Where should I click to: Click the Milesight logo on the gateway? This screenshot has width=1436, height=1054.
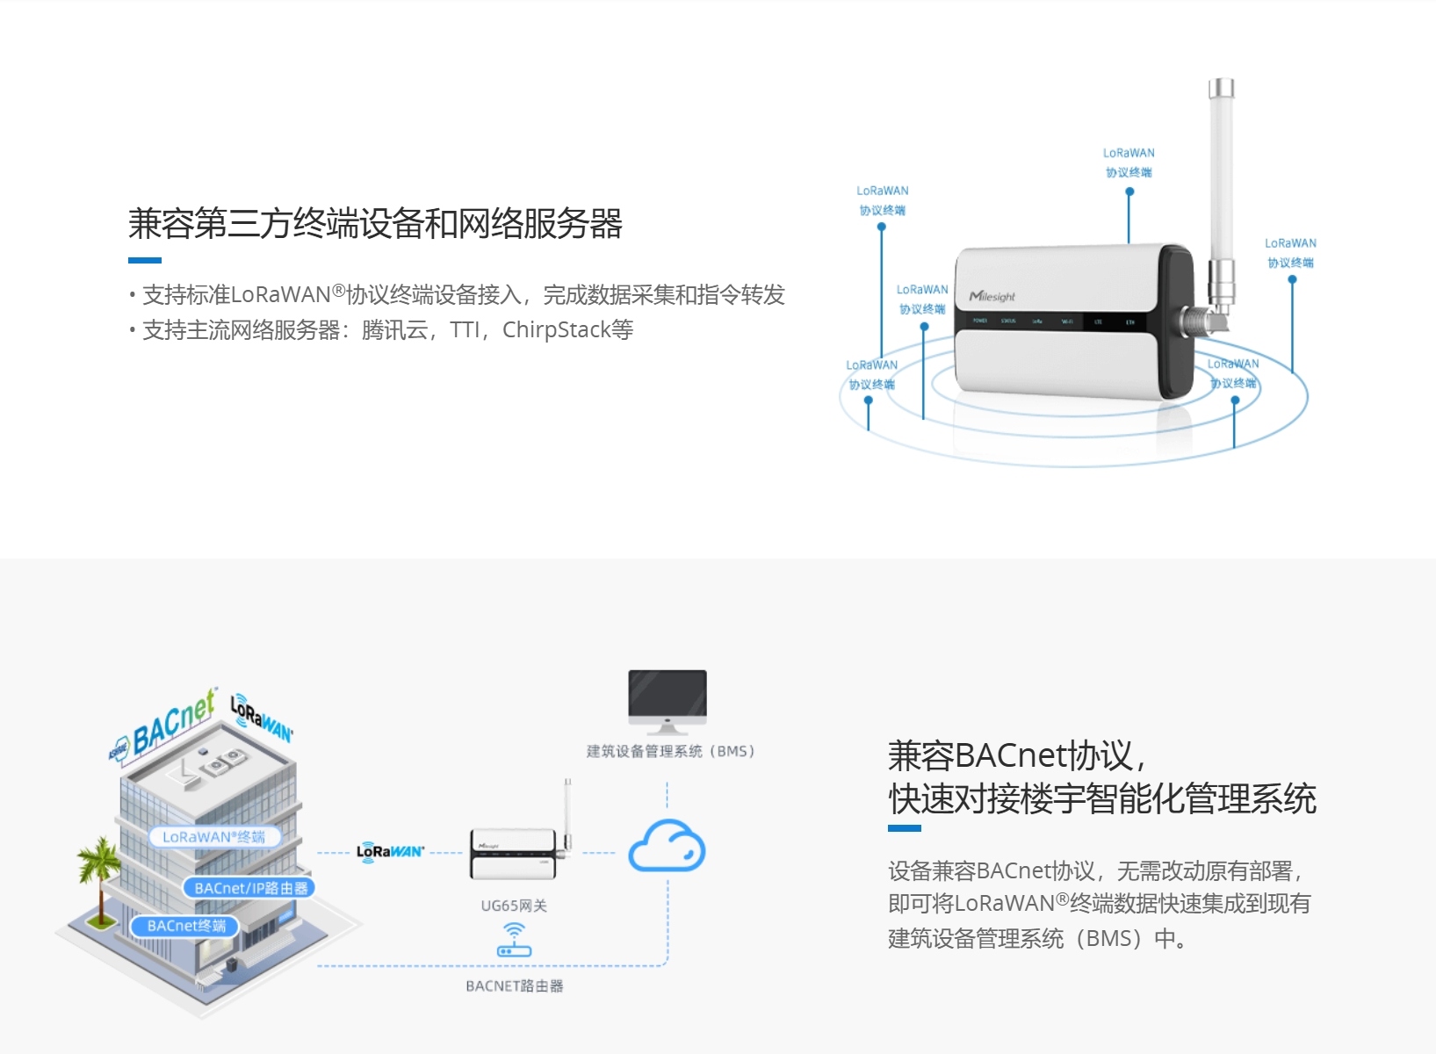point(992,296)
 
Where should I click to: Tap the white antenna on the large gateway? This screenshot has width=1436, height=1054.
point(1221,176)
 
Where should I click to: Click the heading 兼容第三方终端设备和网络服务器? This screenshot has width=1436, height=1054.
point(375,224)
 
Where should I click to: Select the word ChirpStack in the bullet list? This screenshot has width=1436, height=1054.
point(556,330)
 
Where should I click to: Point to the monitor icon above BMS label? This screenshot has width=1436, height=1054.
point(667,700)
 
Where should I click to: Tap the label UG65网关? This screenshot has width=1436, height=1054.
point(514,906)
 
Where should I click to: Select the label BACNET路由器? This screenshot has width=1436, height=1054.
point(515,986)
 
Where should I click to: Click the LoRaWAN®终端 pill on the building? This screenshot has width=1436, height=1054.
point(213,837)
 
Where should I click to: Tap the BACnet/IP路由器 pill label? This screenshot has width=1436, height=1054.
point(251,888)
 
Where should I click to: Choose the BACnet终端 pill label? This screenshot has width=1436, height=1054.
point(186,926)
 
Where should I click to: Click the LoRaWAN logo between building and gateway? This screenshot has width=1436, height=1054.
point(390,851)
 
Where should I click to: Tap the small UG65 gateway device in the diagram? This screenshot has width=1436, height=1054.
point(516,854)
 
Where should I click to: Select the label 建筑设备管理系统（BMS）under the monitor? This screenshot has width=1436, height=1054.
point(670,751)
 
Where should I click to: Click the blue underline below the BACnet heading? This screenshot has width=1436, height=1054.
point(904,827)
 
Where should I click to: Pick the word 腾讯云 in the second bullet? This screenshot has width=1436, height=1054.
point(394,330)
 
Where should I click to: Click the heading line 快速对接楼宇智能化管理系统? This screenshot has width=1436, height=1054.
point(1102,799)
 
